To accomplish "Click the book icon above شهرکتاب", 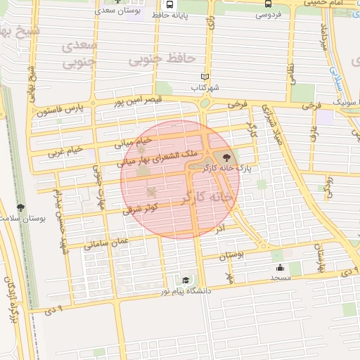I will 205,77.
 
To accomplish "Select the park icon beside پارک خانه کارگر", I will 226,157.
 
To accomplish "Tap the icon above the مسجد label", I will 280,267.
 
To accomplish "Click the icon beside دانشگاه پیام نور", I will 186,279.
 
